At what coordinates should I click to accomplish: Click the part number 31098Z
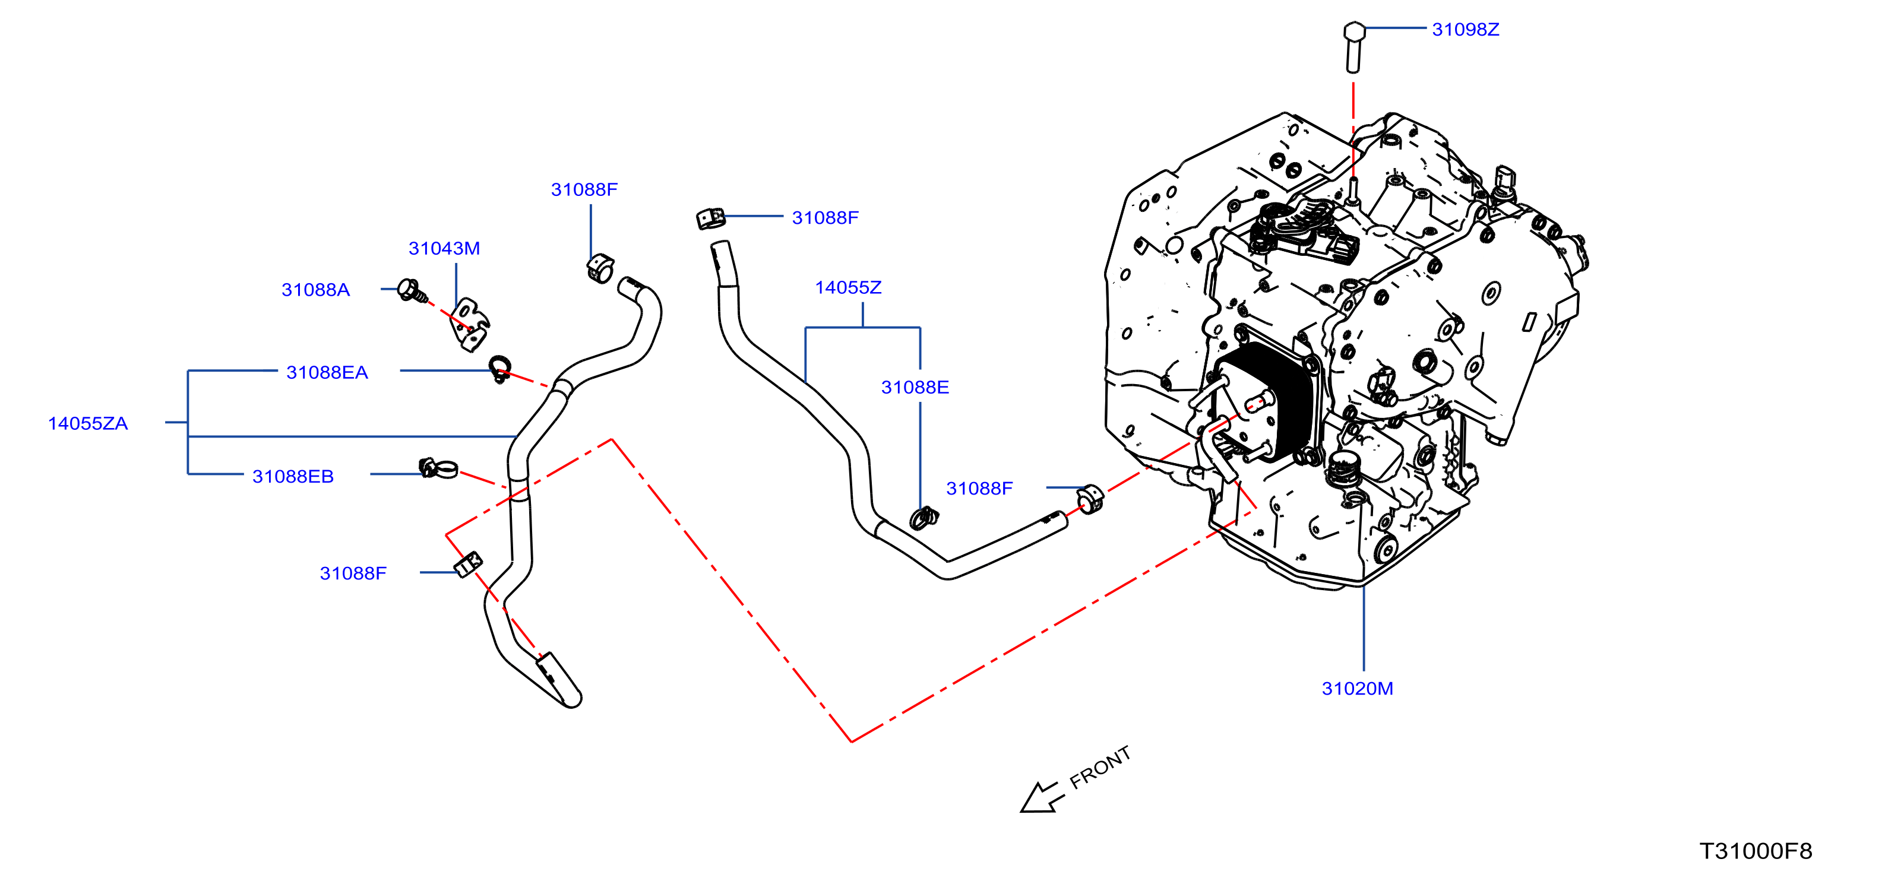tap(1465, 29)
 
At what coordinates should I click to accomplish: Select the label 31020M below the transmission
tap(1358, 689)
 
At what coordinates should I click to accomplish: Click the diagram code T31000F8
tap(1756, 851)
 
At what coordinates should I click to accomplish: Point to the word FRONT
tap(1100, 768)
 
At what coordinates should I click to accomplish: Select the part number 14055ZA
tap(88, 424)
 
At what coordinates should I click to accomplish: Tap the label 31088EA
tap(327, 372)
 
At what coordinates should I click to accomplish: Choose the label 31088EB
tap(293, 476)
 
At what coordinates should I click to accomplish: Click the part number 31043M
tap(444, 248)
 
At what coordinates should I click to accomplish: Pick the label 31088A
tap(315, 290)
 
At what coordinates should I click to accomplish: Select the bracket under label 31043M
tap(469, 325)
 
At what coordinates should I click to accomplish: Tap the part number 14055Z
tap(848, 287)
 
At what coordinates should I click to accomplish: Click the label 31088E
tap(915, 387)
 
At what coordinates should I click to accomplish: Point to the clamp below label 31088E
tap(923, 518)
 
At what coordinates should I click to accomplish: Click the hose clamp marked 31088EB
tap(438, 468)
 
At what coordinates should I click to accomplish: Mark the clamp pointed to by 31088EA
tap(500, 369)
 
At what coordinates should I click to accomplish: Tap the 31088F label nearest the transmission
tap(979, 488)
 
